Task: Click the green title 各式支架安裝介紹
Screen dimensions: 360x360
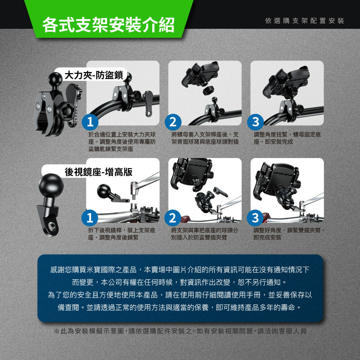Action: click(x=108, y=25)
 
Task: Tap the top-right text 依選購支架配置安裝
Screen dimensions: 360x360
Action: click(x=305, y=21)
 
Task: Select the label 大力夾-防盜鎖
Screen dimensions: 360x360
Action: click(x=94, y=75)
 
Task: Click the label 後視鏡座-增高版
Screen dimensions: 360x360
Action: click(x=99, y=172)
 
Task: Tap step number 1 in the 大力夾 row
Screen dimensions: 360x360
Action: click(x=90, y=122)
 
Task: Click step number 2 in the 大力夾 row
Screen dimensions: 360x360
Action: click(x=173, y=122)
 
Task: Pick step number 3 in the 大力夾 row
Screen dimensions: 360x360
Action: click(x=255, y=122)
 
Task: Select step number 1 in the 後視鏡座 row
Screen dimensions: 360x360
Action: click(x=90, y=218)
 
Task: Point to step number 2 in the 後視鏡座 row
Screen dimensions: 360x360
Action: click(x=173, y=218)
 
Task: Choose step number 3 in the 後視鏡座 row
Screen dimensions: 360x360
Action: click(x=255, y=218)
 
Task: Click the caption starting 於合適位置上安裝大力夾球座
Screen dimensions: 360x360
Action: click(x=122, y=141)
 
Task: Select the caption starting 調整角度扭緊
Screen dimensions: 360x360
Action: click(x=287, y=138)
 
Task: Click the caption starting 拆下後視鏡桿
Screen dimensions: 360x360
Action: click(x=122, y=234)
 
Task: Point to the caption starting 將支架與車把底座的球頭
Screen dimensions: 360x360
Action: click(x=204, y=234)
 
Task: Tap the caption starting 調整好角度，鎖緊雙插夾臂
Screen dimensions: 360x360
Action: click(x=289, y=234)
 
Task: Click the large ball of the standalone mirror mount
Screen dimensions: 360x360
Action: click(x=51, y=185)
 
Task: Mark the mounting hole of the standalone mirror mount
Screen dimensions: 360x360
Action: click(x=53, y=226)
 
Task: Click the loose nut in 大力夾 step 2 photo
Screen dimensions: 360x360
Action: click(x=208, y=90)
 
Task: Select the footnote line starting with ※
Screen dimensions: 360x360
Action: click(x=180, y=331)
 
